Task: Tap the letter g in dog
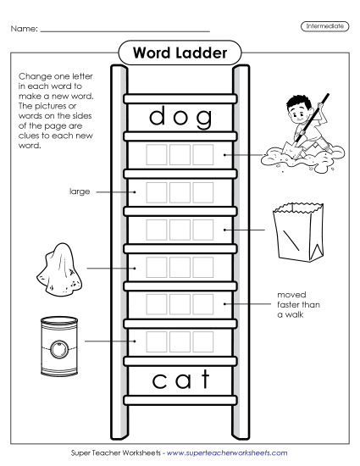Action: pyautogui.click(x=203, y=119)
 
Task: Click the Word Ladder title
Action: pyautogui.click(x=180, y=53)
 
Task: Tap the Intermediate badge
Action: pyautogui.click(x=324, y=27)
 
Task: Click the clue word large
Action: pyautogui.click(x=79, y=192)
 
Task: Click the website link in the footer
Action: pyautogui.click(x=227, y=453)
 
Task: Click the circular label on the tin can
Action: pyautogui.click(x=58, y=347)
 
